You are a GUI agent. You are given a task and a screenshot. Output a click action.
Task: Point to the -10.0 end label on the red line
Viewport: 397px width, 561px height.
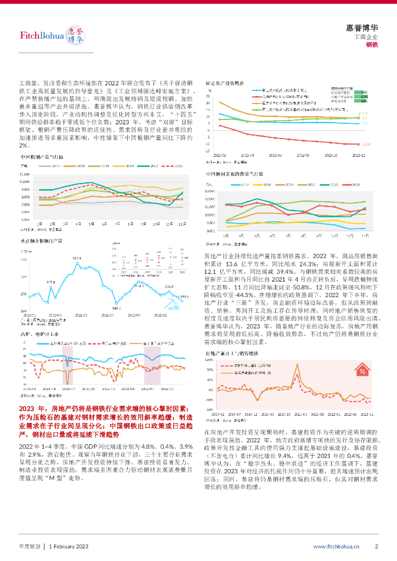[x=367, y=144]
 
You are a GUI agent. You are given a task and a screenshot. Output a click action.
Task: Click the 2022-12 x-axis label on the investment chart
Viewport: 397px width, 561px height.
[x=358, y=156]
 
